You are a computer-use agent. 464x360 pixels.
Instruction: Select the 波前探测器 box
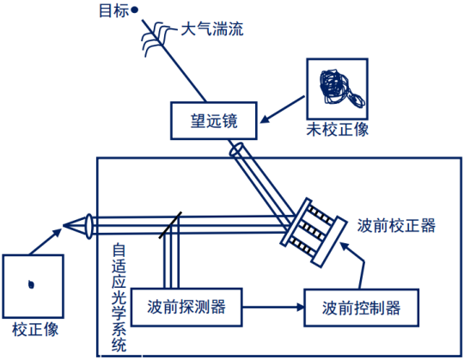click(x=185, y=306)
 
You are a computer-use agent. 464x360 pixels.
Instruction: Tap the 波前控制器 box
click(x=361, y=306)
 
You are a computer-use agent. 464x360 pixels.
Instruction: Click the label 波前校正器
click(x=397, y=226)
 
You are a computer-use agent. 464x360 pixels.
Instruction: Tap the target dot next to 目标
click(x=135, y=11)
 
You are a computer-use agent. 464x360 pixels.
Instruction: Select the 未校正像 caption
click(x=337, y=131)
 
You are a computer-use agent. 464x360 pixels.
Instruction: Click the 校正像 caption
click(x=32, y=329)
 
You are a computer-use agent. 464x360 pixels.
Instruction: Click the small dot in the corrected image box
click(x=32, y=284)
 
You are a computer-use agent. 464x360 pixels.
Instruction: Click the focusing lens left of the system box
click(x=89, y=226)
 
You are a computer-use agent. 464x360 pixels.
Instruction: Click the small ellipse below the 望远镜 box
click(x=236, y=151)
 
